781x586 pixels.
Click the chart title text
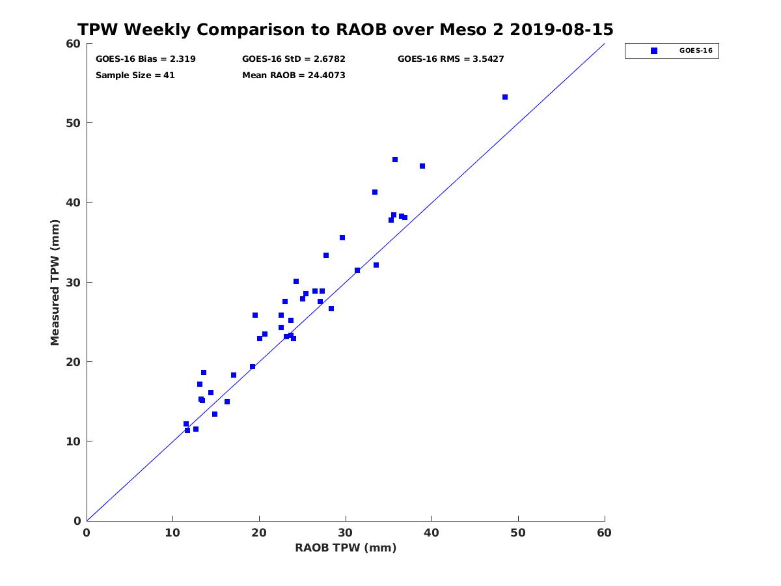(x=345, y=29)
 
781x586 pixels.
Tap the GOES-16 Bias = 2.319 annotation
(x=146, y=59)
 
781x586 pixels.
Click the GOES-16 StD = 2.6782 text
(x=294, y=59)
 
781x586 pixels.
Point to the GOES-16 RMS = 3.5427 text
(x=451, y=59)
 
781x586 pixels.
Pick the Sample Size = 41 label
(x=135, y=75)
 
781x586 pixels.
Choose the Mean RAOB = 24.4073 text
(x=294, y=75)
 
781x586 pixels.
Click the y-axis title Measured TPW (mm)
(x=55, y=282)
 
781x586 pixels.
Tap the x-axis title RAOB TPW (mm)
(x=346, y=547)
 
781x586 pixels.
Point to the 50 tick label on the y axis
(x=74, y=123)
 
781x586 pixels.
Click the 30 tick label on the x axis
(x=345, y=533)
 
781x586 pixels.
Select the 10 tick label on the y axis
(x=74, y=441)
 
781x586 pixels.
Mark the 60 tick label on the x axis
(x=604, y=533)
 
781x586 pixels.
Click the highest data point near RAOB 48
(x=505, y=97)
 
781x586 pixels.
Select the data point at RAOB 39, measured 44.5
(x=422, y=166)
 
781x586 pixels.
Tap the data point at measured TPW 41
(x=375, y=192)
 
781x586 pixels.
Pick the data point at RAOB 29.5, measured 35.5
(x=342, y=238)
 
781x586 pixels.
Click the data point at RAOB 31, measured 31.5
(x=357, y=270)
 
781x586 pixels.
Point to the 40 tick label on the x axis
(x=432, y=533)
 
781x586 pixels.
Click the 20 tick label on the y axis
(x=74, y=362)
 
